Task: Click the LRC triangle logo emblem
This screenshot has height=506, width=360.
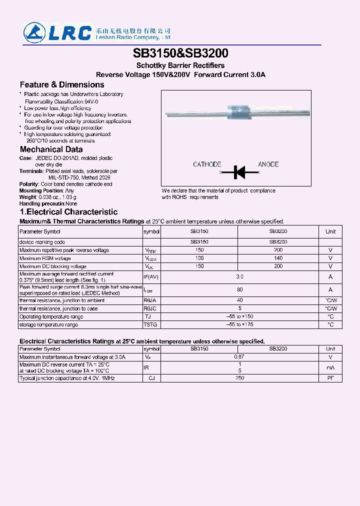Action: point(34,33)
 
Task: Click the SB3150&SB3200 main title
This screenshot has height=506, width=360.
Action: point(180,53)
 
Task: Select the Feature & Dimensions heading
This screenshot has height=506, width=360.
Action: point(62,84)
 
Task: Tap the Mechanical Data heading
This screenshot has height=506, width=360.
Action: point(51,149)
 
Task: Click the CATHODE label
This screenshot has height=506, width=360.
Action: point(207,164)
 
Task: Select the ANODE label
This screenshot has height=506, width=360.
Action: point(268,164)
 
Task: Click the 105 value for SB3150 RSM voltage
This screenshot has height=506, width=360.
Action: point(199,258)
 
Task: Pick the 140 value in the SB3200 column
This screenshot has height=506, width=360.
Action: point(278,258)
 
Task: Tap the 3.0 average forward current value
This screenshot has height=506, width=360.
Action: point(239,276)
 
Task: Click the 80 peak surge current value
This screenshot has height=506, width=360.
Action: point(239,289)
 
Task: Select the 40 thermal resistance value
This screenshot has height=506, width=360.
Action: point(239,300)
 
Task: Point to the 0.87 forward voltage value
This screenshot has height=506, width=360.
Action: point(239,357)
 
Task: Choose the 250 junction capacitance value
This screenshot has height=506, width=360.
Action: point(239,378)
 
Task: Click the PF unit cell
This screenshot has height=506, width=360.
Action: point(330,378)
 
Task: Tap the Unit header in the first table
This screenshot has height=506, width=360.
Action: point(330,231)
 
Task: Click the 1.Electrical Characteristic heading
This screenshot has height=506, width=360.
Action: point(68,212)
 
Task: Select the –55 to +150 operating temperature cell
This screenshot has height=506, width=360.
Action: point(239,316)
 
